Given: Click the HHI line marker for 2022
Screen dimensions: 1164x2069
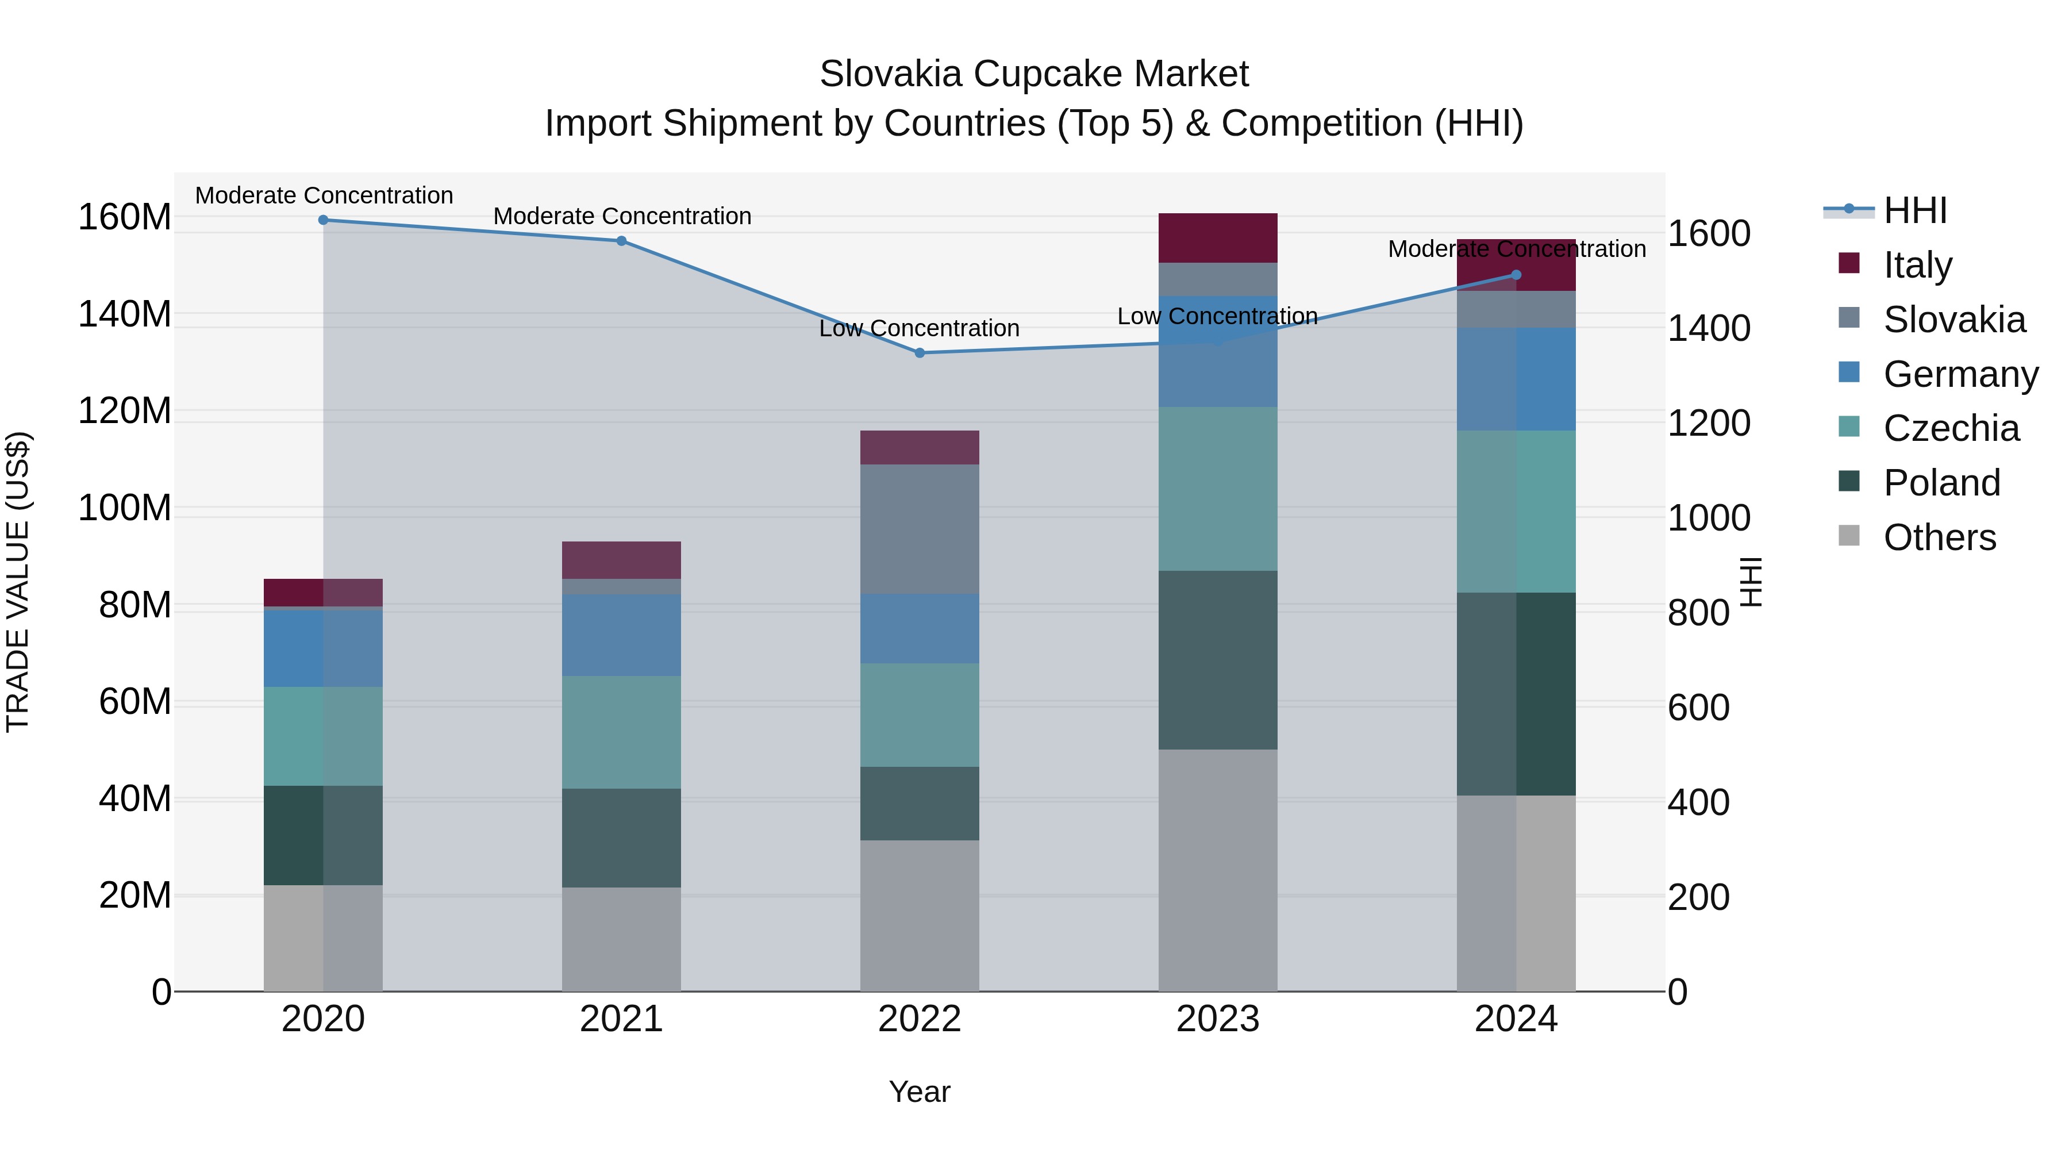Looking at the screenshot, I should click(920, 353).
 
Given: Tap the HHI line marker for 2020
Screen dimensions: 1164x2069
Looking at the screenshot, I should click(323, 220).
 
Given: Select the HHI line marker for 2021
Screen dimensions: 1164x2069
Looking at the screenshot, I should click(621, 241).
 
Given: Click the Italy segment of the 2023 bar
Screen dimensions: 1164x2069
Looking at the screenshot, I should click(1218, 238).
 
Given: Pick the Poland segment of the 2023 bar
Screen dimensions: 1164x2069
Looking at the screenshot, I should click(1218, 660).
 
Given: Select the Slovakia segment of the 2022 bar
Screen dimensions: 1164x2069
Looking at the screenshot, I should click(920, 529).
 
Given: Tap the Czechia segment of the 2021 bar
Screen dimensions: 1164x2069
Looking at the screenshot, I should click(621, 732).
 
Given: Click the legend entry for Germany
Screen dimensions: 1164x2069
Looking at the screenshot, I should click(1960, 374).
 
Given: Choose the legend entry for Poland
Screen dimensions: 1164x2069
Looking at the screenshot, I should click(1941, 483).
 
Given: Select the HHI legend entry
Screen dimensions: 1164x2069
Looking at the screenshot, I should click(1915, 210).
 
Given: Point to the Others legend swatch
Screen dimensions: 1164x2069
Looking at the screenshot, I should click(1849, 536).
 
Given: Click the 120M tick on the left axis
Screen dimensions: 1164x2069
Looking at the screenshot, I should click(125, 412).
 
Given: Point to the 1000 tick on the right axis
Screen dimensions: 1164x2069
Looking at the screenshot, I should click(1709, 518).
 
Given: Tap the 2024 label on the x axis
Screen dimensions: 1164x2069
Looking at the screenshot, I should click(1516, 1019).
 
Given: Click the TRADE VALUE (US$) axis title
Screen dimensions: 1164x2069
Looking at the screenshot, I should click(18, 582).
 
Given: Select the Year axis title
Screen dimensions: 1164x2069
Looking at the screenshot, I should click(920, 1092).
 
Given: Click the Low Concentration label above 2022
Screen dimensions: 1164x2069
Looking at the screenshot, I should click(920, 329).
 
